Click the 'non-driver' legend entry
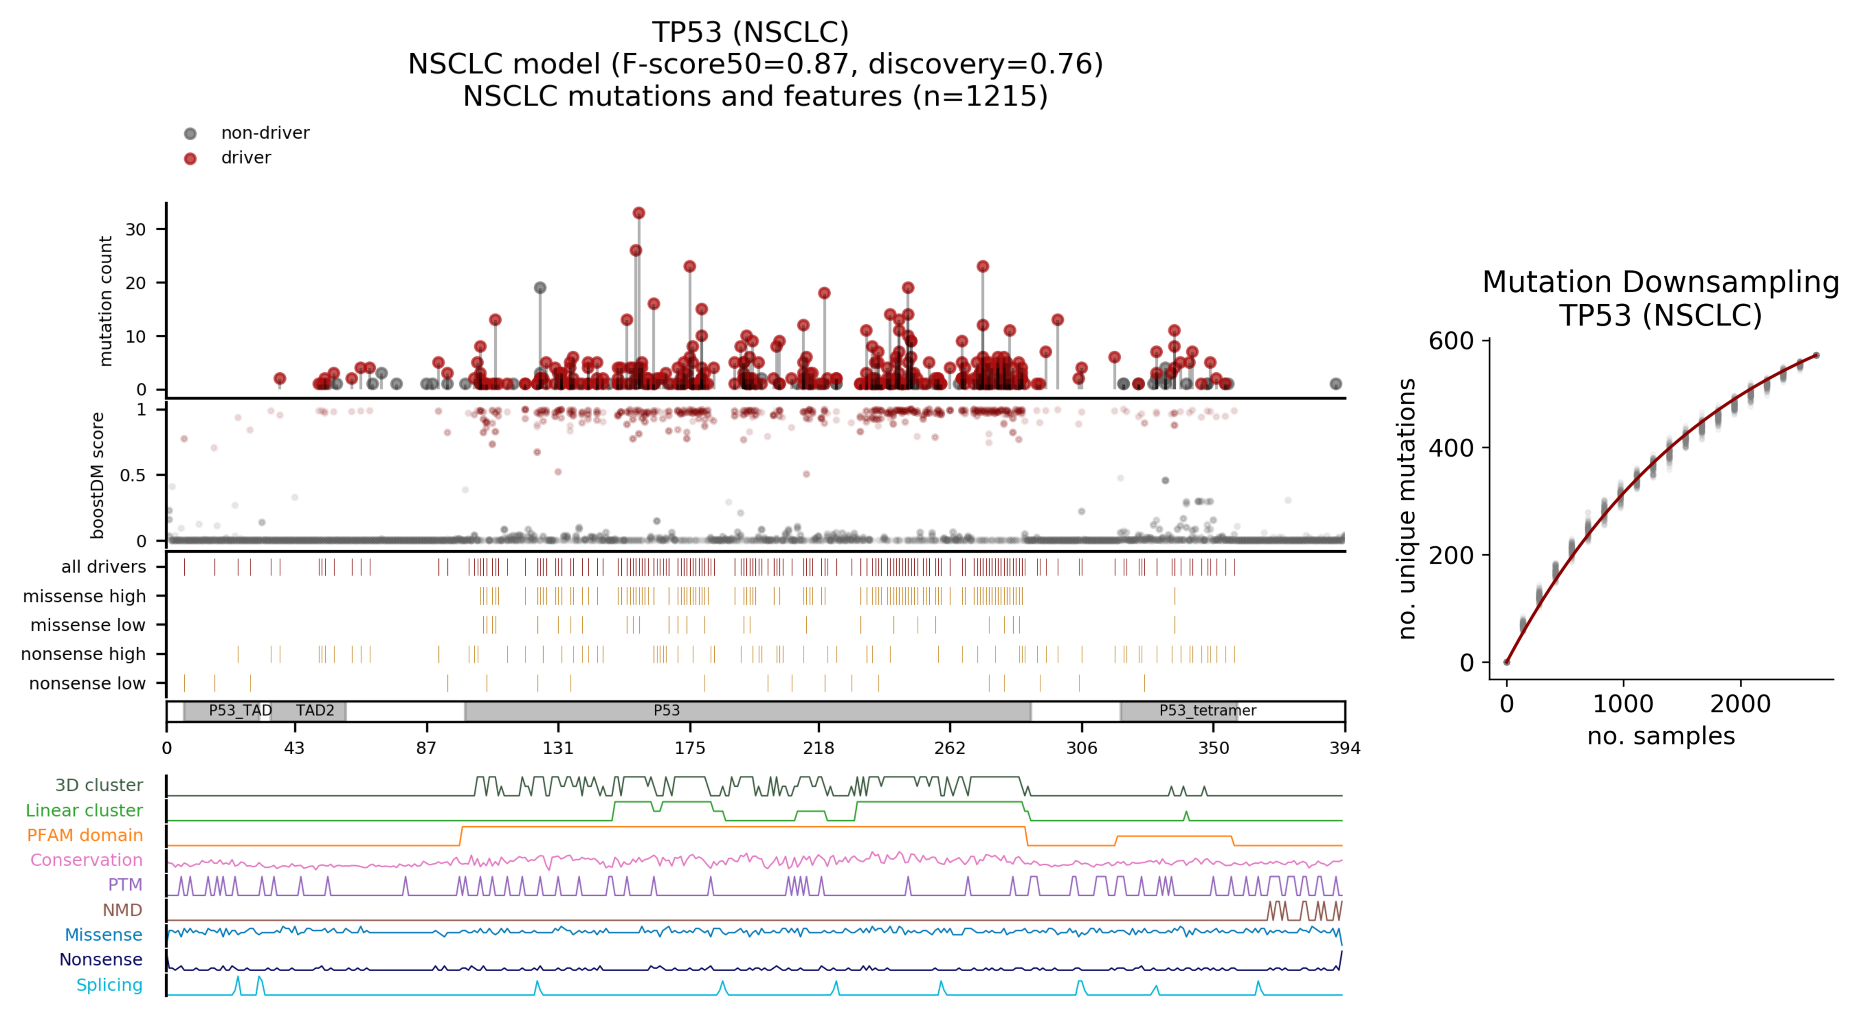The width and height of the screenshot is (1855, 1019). click(x=264, y=133)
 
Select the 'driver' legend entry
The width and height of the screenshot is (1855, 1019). click(x=246, y=158)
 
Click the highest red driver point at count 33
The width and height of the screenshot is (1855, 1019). click(x=639, y=213)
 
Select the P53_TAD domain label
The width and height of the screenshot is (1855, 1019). click(x=240, y=710)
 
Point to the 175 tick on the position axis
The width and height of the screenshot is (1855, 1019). click(x=690, y=748)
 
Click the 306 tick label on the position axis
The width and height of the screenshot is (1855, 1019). click(x=1082, y=748)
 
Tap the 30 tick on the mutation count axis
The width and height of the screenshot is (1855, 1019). click(x=136, y=230)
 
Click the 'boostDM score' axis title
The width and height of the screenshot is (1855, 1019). click(x=97, y=475)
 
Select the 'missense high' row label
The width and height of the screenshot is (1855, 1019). click(x=84, y=596)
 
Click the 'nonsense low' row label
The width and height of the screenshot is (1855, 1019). click(x=87, y=683)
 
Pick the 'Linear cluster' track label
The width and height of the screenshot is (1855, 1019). click(x=84, y=810)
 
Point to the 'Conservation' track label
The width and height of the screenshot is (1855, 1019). click(x=86, y=860)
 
